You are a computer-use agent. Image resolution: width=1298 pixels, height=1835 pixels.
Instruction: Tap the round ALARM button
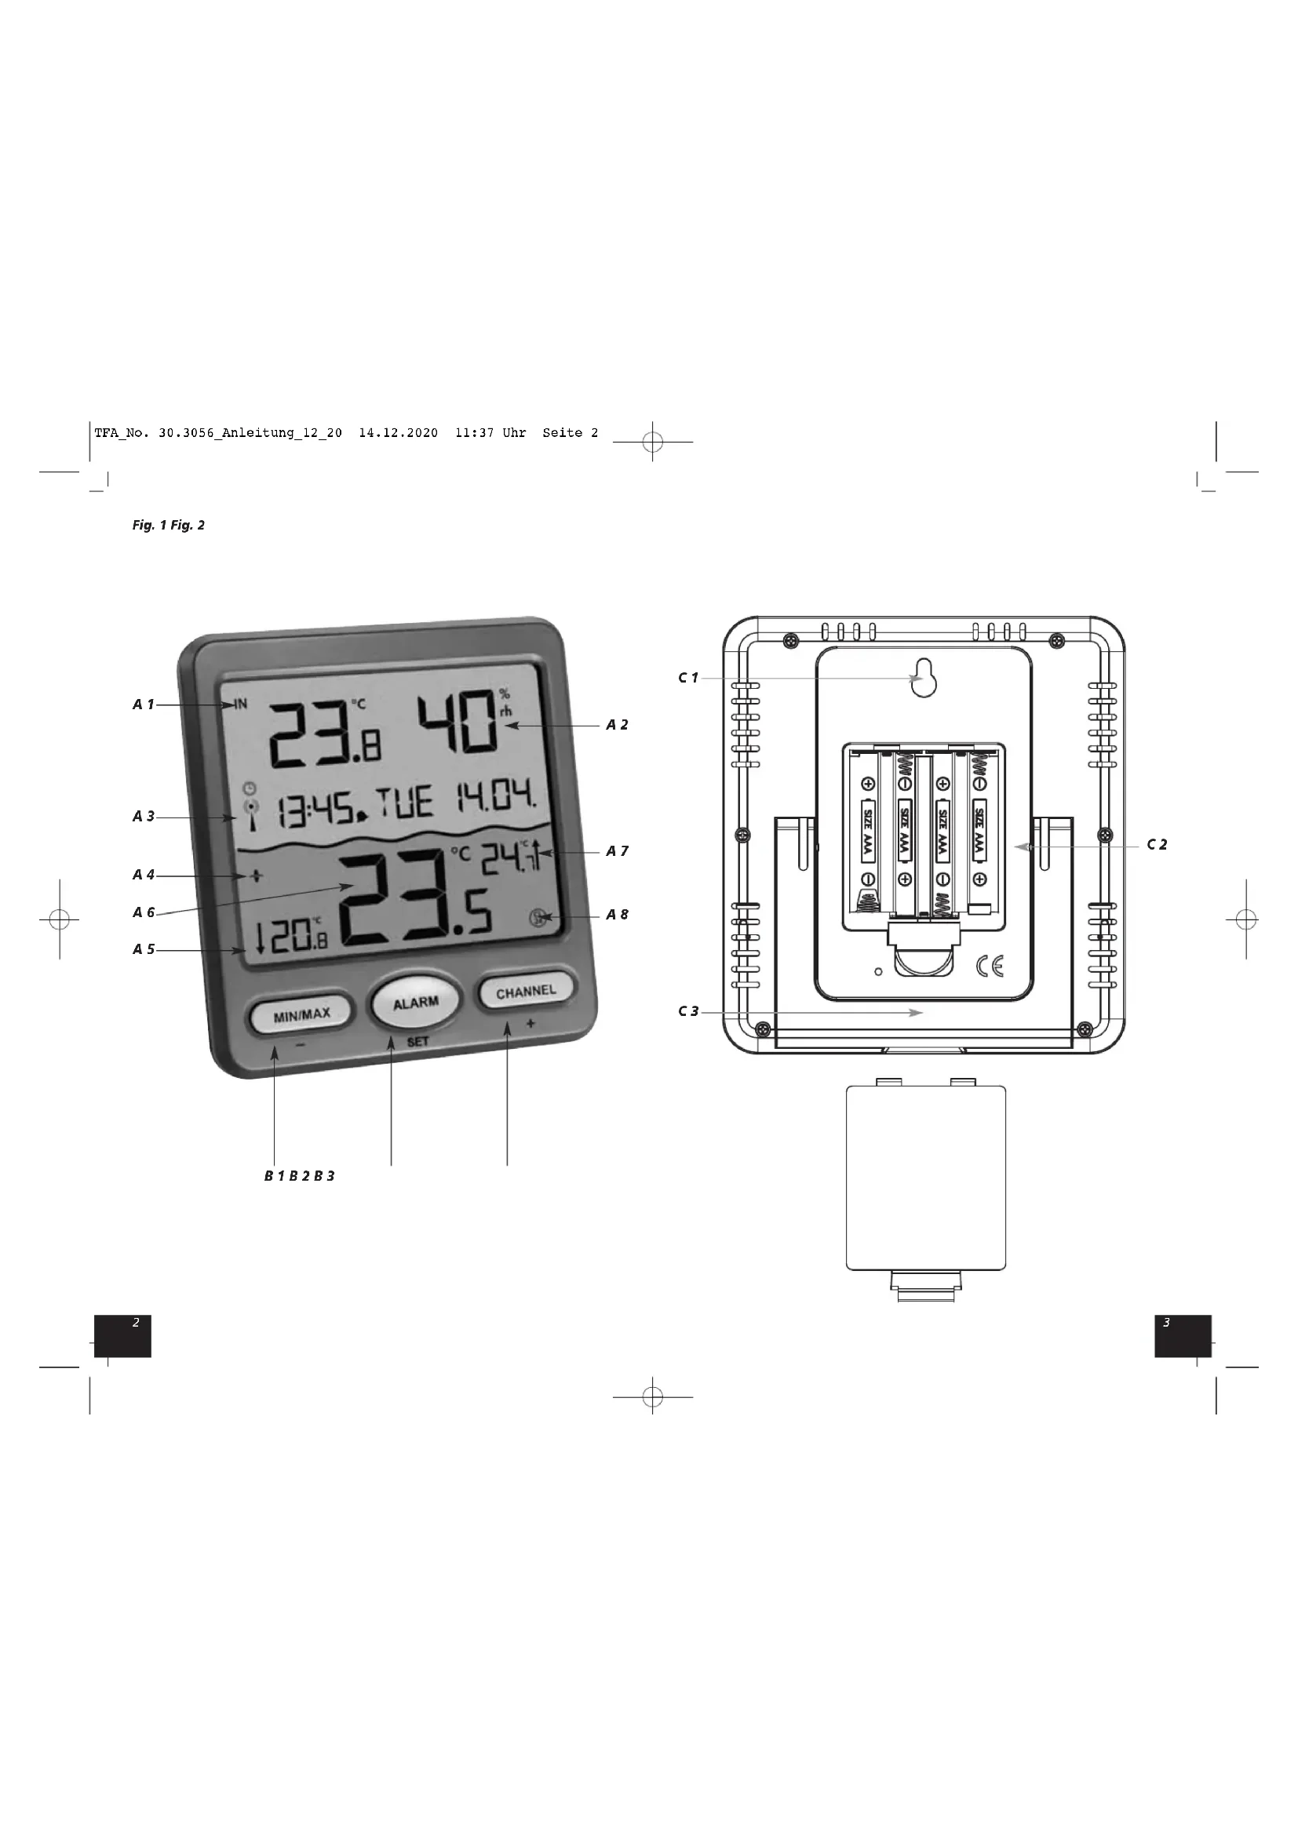pyautogui.click(x=415, y=1002)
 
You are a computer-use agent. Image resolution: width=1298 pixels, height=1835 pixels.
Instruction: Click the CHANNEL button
pyautogui.click(x=525, y=992)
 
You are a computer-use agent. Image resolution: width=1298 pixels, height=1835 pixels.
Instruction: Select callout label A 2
pyautogui.click(x=616, y=725)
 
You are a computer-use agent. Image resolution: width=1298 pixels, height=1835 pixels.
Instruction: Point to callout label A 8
pyautogui.click(x=616, y=914)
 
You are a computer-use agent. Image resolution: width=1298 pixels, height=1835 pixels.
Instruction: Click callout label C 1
pyautogui.click(x=688, y=678)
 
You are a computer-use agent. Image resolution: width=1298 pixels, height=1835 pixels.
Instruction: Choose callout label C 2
pyautogui.click(x=1157, y=844)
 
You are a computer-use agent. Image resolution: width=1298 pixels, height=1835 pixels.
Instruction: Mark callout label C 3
pyautogui.click(x=688, y=1011)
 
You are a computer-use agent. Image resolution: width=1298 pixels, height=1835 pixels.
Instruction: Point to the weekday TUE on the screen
pyautogui.click(x=404, y=803)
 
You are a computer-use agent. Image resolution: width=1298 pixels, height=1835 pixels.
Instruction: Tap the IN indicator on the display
pyautogui.click(x=241, y=704)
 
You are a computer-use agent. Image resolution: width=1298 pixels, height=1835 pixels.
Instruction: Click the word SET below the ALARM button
pyautogui.click(x=417, y=1041)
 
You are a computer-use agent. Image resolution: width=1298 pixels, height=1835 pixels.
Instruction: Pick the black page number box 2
pyautogui.click(x=122, y=1335)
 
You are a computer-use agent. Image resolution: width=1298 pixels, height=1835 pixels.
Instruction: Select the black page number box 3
pyautogui.click(x=1182, y=1335)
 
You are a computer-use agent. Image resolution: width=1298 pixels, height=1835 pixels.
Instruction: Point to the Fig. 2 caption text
pyautogui.click(x=187, y=525)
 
